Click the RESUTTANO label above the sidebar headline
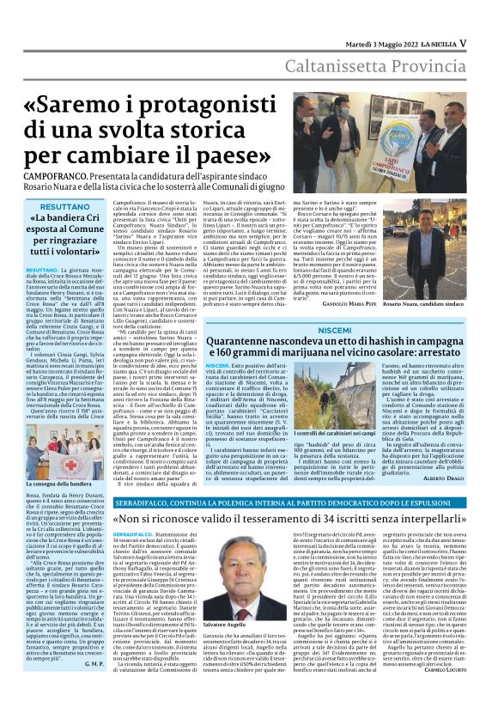point(64,206)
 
